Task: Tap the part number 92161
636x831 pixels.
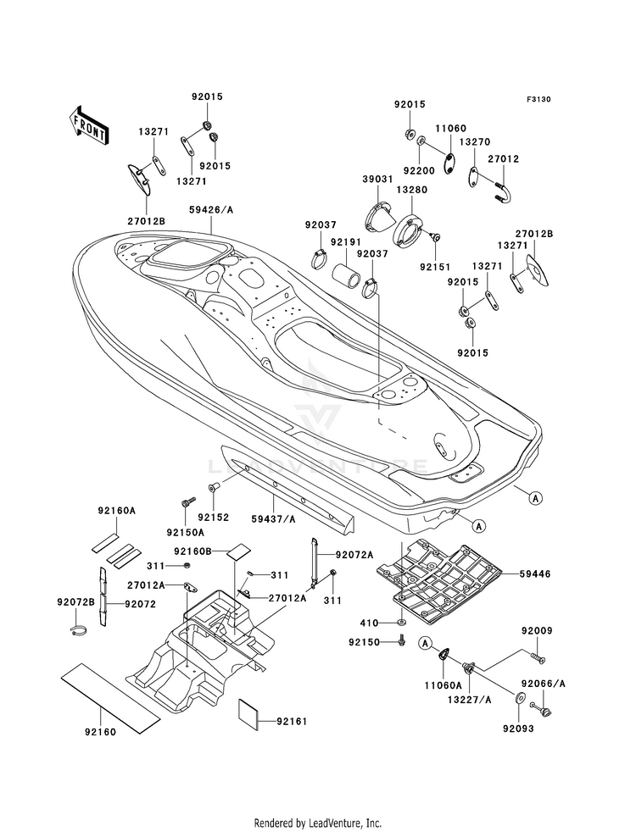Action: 290,722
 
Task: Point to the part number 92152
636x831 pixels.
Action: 212,516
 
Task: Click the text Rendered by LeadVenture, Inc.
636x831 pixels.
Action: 318,823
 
